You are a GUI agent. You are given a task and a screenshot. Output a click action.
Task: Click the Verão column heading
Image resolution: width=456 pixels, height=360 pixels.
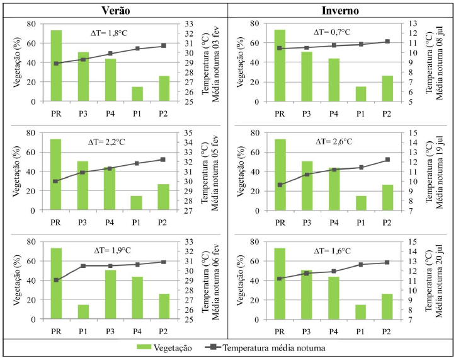(113, 10)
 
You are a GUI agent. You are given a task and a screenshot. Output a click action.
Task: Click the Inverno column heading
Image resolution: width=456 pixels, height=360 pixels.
(340, 10)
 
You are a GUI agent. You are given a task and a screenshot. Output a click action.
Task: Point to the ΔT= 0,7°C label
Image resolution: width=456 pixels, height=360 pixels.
(336, 32)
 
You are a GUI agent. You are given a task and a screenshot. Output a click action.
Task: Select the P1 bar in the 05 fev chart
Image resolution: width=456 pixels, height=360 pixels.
(137, 203)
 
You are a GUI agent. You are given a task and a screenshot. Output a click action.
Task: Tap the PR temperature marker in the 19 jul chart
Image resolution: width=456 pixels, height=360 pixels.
(280, 185)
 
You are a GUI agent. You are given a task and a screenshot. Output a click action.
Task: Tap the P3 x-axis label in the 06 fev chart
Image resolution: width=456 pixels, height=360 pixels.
(110, 331)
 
